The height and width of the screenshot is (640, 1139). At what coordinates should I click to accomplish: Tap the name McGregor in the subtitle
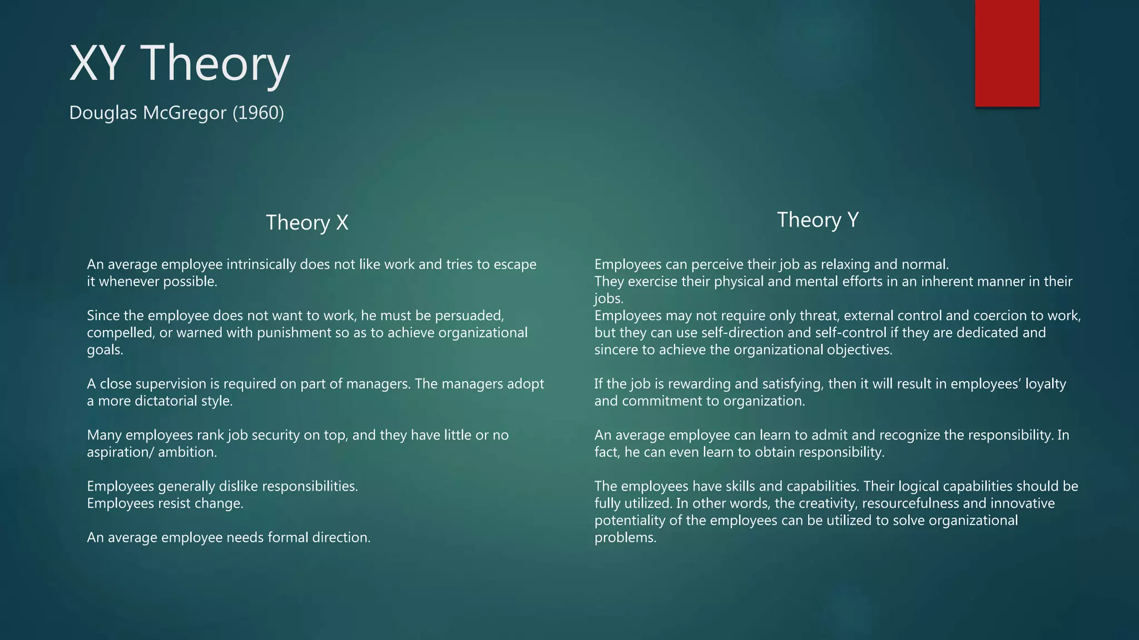click(x=185, y=113)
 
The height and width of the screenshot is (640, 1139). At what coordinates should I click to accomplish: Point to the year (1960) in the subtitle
click(x=258, y=113)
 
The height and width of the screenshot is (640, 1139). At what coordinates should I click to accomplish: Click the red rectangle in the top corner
click(x=1007, y=53)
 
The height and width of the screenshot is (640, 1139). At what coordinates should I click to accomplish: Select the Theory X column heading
click(x=307, y=222)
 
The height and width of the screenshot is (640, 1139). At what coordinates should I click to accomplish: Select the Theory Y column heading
click(x=818, y=219)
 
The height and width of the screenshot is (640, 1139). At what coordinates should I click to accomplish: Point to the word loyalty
click(x=1046, y=384)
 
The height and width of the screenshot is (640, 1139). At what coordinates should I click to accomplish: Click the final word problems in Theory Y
click(x=625, y=538)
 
